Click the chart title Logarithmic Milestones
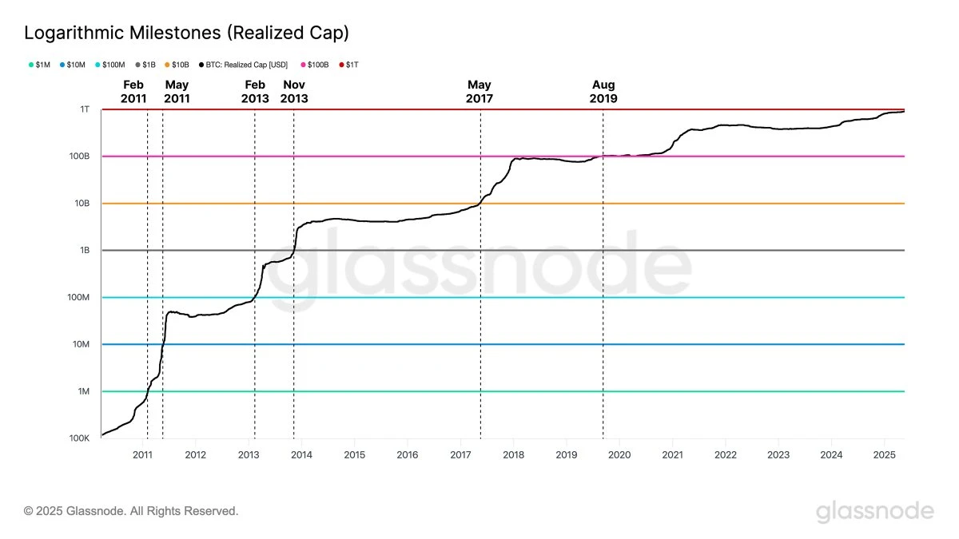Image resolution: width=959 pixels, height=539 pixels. tap(186, 33)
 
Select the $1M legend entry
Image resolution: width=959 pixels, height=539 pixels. tap(40, 64)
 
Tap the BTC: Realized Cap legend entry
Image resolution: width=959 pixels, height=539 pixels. tap(249, 64)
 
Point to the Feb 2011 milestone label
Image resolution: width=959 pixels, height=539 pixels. tap(133, 92)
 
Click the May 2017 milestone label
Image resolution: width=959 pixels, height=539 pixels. tap(479, 92)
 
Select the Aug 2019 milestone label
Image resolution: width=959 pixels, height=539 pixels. tap(603, 92)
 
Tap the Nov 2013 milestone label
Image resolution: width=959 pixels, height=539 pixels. tap(294, 92)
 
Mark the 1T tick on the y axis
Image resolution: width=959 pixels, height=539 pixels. tap(85, 109)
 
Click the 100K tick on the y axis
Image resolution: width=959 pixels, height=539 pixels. tap(79, 438)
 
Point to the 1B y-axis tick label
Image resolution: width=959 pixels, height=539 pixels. tap(84, 251)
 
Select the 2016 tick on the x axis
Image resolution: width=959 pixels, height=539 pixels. tap(407, 455)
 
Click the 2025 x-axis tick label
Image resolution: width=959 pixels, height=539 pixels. tap(883, 455)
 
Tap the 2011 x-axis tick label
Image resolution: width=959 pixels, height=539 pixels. tap(142, 455)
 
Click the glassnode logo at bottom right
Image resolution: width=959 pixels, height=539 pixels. tap(874, 511)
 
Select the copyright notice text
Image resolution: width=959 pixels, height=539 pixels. tap(131, 510)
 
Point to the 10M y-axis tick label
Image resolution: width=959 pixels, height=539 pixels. tap(82, 345)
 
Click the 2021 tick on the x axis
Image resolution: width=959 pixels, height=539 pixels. tap(671, 455)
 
